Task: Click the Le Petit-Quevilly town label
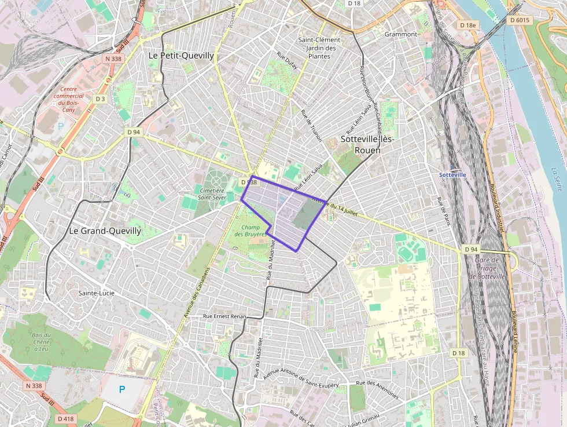[181, 56]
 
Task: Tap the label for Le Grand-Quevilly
[105, 231]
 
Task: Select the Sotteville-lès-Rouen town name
[361, 144]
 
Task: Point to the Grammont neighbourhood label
[401, 34]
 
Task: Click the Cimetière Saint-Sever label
[211, 194]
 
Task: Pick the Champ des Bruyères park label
[251, 230]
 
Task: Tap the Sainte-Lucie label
[97, 293]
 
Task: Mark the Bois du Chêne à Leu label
[41, 342]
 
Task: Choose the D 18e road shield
[466, 25]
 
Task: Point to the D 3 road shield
[101, 99]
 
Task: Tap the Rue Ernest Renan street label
[224, 316]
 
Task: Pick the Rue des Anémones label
[378, 390]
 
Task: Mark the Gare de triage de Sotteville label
[487, 268]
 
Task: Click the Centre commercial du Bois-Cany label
[68, 99]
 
